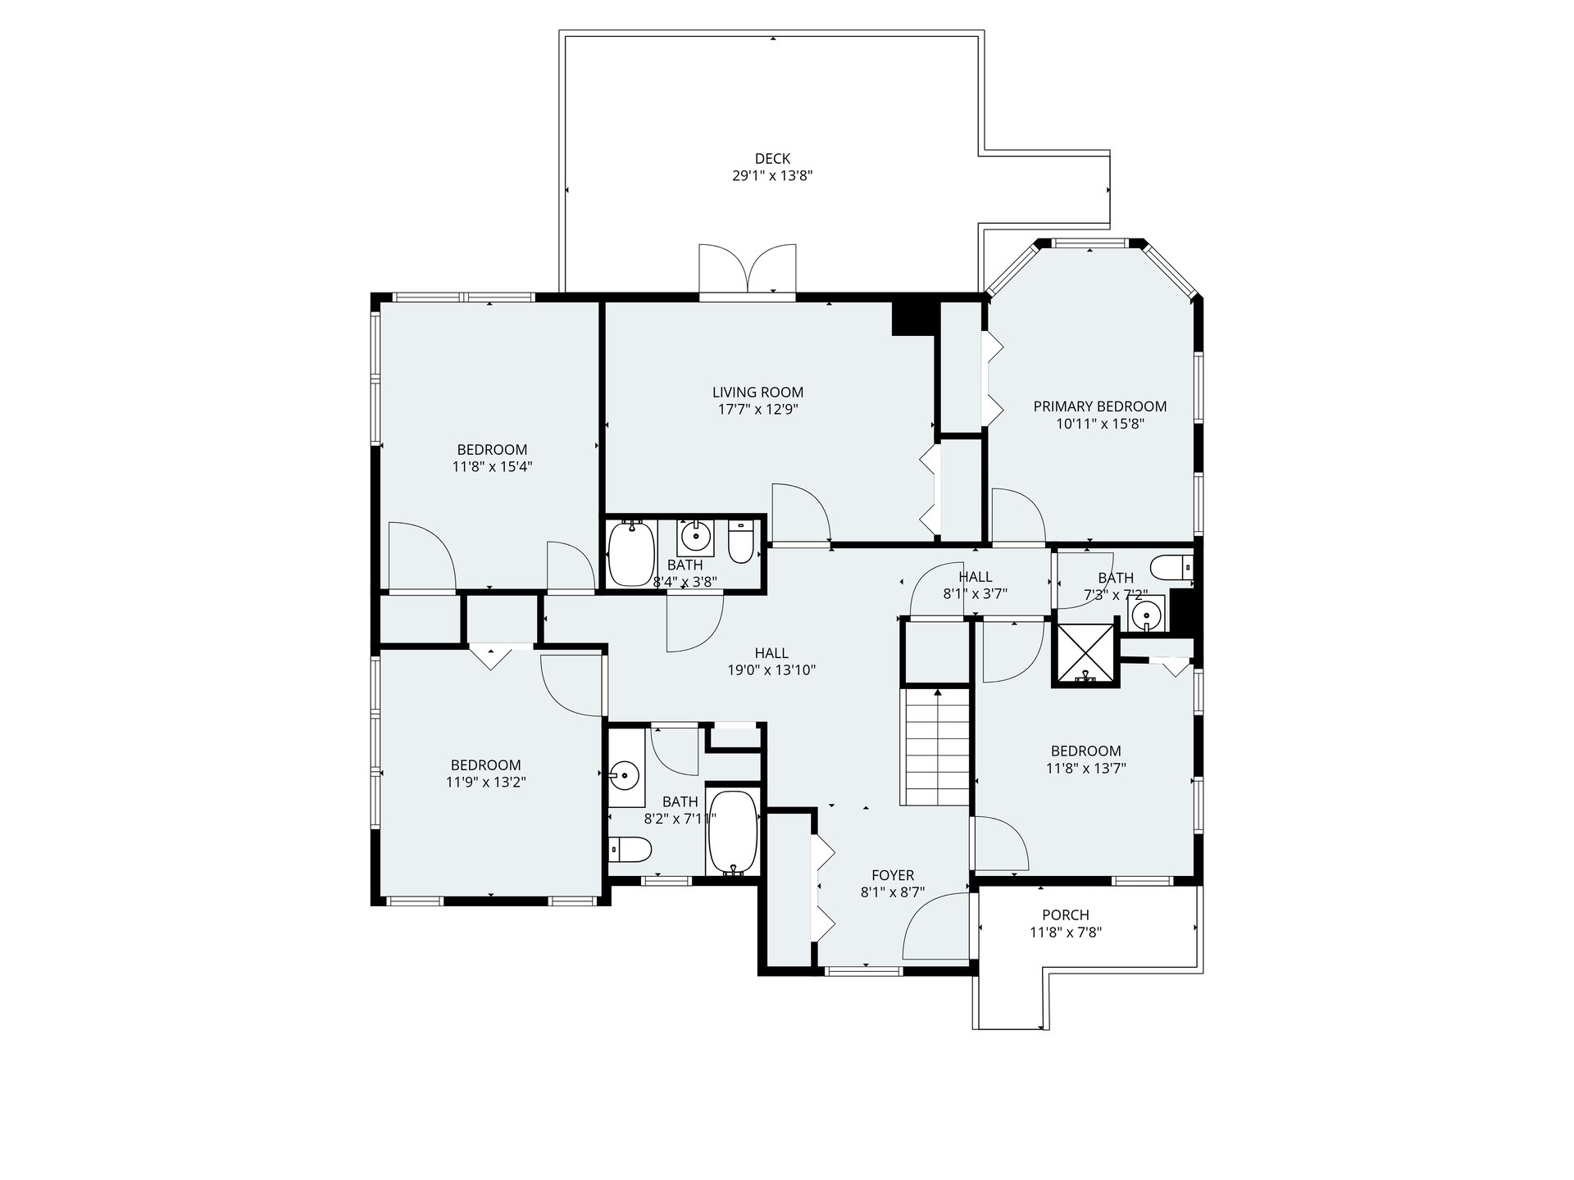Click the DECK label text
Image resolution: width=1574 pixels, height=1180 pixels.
(x=772, y=158)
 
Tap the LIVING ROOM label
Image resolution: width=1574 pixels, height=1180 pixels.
(x=757, y=393)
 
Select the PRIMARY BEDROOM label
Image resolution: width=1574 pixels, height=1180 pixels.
(x=1099, y=406)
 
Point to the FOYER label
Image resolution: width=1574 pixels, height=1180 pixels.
(x=893, y=875)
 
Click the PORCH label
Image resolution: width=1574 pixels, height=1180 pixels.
(x=1066, y=915)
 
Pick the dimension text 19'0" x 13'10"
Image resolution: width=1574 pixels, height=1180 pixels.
(x=771, y=670)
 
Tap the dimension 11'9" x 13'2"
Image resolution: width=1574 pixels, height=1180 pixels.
(x=486, y=783)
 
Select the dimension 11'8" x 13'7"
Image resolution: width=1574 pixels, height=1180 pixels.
(x=1086, y=769)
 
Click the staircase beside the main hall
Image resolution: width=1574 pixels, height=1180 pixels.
(x=935, y=747)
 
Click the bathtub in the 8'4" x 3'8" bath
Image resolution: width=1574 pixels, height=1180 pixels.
(x=631, y=553)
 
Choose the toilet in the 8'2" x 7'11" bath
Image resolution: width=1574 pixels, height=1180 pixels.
(x=631, y=850)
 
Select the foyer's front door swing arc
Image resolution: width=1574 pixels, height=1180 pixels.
(x=935, y=924)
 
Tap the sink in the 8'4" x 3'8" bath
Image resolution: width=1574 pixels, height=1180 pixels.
(x=696, y=537)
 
